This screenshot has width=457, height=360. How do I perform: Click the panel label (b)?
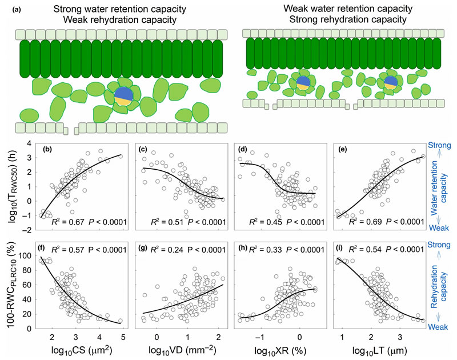coord(55,150)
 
